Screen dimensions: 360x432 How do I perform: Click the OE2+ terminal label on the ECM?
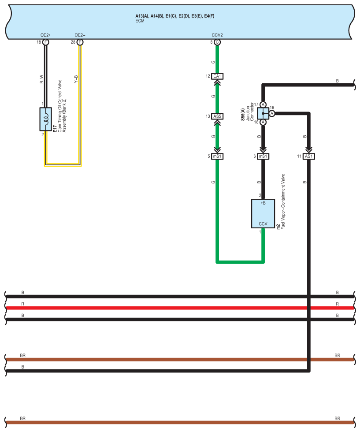click(46, 35)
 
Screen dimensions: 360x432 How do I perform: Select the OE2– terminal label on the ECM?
click(80, 35)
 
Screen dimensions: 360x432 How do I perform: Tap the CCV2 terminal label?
click(217, 35)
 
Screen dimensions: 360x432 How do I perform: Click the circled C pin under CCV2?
click(217, 42)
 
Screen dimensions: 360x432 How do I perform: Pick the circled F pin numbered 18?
click(46, 42)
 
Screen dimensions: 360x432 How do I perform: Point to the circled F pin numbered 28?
click(80, 42)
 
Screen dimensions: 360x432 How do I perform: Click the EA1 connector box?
click(217, 76)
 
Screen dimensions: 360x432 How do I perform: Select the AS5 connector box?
click(217, 116)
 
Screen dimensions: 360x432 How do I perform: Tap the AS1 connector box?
click(309, 156)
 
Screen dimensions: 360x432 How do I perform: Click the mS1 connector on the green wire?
click(217, 156)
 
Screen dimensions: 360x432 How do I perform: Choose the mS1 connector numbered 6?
click(263, 156)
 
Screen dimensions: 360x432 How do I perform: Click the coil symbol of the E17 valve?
click(46, 119)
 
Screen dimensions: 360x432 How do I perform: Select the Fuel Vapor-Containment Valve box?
click(263, 213)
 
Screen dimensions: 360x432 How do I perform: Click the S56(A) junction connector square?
click(263, 113)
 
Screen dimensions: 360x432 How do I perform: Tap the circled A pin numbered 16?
click(272, 113)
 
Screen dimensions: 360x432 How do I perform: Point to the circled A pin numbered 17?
click(263, 105)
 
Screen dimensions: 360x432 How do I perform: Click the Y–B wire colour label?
click(76, 79)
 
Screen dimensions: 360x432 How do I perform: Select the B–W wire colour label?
click(41, 79)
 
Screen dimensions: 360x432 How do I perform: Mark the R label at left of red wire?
click(22, 304)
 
